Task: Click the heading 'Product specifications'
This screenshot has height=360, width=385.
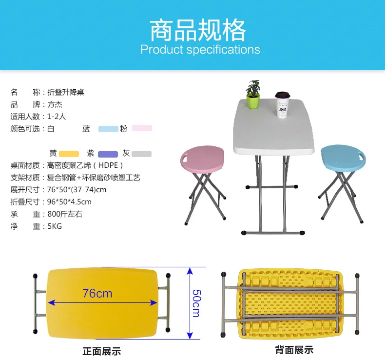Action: (x=200, y=49)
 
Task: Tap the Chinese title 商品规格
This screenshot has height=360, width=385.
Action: (x=198, y=30)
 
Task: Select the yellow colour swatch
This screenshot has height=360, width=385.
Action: (x=69, y=154)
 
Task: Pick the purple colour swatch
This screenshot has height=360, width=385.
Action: (x=108, y=154)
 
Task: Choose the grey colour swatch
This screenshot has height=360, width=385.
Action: (x=141, y=154)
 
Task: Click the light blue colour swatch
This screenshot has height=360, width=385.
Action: (x=108, y=129)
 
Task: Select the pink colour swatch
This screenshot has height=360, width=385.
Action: (x=142, y=128)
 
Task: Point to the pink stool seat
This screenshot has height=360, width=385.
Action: (x=202, y=159)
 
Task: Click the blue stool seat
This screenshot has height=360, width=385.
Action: (x=343, y=158)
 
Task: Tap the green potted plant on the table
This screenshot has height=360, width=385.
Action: (x=253, y=95)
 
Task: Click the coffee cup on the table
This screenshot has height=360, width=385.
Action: (x=283, y=105)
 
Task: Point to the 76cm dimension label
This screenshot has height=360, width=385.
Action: (x=97, y=293)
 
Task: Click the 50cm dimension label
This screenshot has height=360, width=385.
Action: (x=196, y=303)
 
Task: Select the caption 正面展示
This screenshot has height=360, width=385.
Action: (x=102, y=351)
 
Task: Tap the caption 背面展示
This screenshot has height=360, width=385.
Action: (x=294, y=350)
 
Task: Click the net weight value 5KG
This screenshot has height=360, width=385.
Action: (x=55, y=226)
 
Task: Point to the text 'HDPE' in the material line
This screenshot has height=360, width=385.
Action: (x=108, y=165)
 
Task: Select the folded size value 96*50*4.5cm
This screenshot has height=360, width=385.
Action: (x=69, y=202)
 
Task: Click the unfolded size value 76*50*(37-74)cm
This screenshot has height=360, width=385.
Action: (x=77, y=190)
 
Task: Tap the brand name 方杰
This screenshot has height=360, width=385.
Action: (x=55, y=104)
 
